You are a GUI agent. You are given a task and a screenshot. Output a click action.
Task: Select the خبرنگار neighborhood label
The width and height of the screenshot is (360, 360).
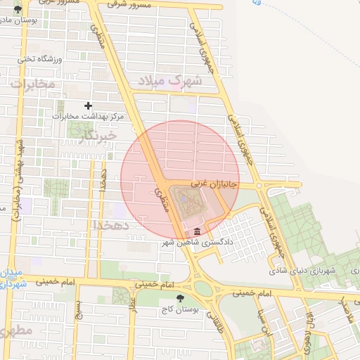[96, 134]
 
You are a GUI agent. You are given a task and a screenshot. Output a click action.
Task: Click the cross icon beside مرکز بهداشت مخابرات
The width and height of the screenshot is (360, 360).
[88, 105]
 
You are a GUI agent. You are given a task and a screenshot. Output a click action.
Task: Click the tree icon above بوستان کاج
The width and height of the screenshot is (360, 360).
[181, 298]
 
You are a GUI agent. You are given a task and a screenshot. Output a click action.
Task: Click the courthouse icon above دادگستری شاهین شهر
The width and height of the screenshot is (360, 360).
[196, 233]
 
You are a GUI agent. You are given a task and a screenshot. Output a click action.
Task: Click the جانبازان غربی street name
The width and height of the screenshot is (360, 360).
[208, 183]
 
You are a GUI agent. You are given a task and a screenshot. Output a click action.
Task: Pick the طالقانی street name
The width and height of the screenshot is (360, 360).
[212, 325]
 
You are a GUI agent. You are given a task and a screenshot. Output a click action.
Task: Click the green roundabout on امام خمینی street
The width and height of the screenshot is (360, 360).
[204, 288]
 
